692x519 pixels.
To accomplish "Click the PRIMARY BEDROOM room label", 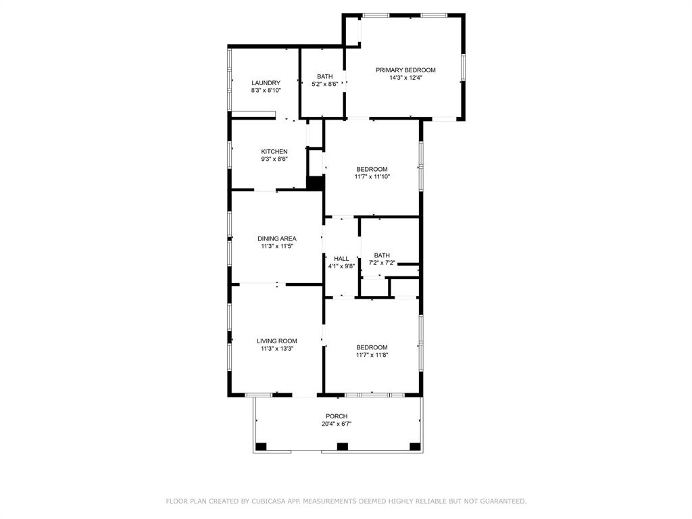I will point(405,70).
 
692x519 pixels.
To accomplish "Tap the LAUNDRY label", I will point(266,82).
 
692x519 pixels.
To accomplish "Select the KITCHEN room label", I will point(274,151).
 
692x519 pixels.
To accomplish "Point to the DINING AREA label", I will point(276,238).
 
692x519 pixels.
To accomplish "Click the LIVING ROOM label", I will point(276,341).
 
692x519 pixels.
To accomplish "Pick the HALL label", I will point(341,258).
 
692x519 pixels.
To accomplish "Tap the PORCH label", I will point(337,416).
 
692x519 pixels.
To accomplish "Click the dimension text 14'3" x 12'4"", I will point(405,78).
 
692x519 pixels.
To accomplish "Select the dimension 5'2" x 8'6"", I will point(324,84).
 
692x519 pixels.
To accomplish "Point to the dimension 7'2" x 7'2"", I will point(382,263).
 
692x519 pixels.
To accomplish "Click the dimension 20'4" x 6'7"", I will point(337,424).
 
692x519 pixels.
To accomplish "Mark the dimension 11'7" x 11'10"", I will point(372,177).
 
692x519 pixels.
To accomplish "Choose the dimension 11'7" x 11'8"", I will point(372,355).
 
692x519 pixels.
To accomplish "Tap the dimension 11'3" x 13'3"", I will point(276,349).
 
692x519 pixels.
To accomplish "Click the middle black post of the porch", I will point(342,446).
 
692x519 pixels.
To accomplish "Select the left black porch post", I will point(261,446).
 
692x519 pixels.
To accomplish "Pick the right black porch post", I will point(414,446).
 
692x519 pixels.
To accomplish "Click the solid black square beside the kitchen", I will point(314,182).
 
